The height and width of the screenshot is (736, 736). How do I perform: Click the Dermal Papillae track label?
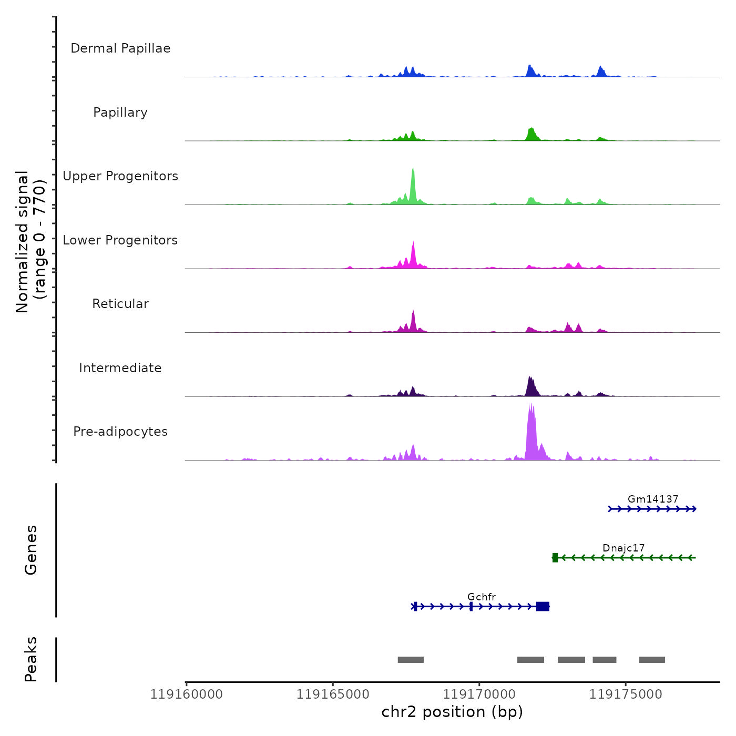point(120,48)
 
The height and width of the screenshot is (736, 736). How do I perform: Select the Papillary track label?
point(120,113)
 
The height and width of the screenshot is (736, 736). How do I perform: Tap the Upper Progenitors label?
point(120,176)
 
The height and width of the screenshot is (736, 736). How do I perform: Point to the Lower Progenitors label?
point(120,240)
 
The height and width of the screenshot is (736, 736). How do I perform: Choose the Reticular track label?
point(120,304)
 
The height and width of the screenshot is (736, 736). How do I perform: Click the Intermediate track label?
point(120,368)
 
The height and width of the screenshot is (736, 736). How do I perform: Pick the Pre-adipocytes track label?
point(120,432)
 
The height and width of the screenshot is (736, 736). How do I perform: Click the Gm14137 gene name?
point(653,499)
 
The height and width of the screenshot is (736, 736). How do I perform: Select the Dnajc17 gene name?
point(623,548)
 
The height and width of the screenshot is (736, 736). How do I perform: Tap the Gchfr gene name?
point(482,597)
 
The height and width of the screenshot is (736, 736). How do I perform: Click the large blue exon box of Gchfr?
point(543,607)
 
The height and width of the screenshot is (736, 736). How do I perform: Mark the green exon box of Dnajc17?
point(555,558)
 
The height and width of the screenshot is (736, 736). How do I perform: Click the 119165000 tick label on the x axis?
point(333,694)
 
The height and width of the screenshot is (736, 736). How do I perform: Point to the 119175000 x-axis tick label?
point(626,694)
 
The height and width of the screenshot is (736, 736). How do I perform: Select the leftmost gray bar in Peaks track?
point(411,660)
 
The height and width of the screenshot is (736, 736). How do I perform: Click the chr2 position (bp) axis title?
point(452,712)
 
